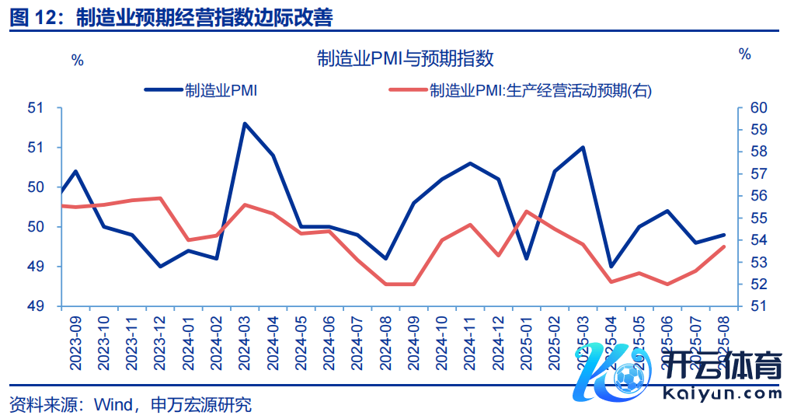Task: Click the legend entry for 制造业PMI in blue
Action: tap(201, 90)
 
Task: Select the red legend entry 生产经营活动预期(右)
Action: tap(520, 90)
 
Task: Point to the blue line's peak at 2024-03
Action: tap(245, 124)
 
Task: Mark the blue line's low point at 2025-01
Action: tap(527, 258)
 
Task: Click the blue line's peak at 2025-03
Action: tap(583, 147)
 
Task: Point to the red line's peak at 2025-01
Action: tap(527, 211)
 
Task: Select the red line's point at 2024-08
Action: tap(386, 284)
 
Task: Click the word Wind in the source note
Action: tap(112, 405)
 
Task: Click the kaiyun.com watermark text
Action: tap(722, 393)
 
